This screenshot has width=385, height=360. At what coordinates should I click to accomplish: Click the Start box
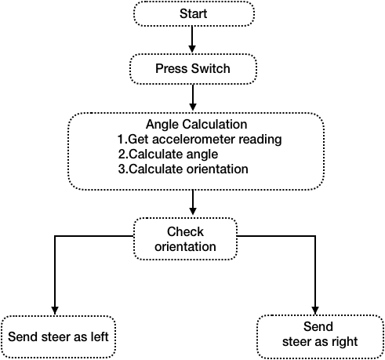[194, 13]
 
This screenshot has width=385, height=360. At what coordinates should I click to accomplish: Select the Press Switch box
[193, 69]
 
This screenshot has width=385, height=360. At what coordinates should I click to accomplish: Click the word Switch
[210, 68]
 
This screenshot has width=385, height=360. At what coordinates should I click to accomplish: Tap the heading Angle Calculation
[196, 124]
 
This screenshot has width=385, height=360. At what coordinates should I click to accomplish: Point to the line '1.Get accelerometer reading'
[199, 139]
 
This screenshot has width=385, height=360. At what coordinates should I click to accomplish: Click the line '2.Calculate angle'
[168, 155]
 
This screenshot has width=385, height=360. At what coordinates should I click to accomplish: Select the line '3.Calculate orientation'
[183, 169]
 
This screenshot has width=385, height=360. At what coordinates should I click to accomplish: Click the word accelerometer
[194, 139]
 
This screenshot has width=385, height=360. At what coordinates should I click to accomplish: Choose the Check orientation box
[185, 238]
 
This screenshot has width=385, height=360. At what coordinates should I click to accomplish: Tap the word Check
[185, 231]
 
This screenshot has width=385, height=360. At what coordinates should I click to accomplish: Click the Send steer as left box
[58, 336]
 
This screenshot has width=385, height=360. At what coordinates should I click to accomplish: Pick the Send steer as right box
[320, 337]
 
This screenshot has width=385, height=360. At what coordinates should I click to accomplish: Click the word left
[100, 336]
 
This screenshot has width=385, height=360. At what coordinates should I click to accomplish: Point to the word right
[345, 342]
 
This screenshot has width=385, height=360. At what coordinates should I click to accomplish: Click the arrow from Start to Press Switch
[192, 39]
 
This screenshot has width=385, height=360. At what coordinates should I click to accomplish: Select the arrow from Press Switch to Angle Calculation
[193, 97]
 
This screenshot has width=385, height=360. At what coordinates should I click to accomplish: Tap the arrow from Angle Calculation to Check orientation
[193, 202]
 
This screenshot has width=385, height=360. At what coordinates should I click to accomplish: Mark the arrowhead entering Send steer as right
[315, 311]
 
